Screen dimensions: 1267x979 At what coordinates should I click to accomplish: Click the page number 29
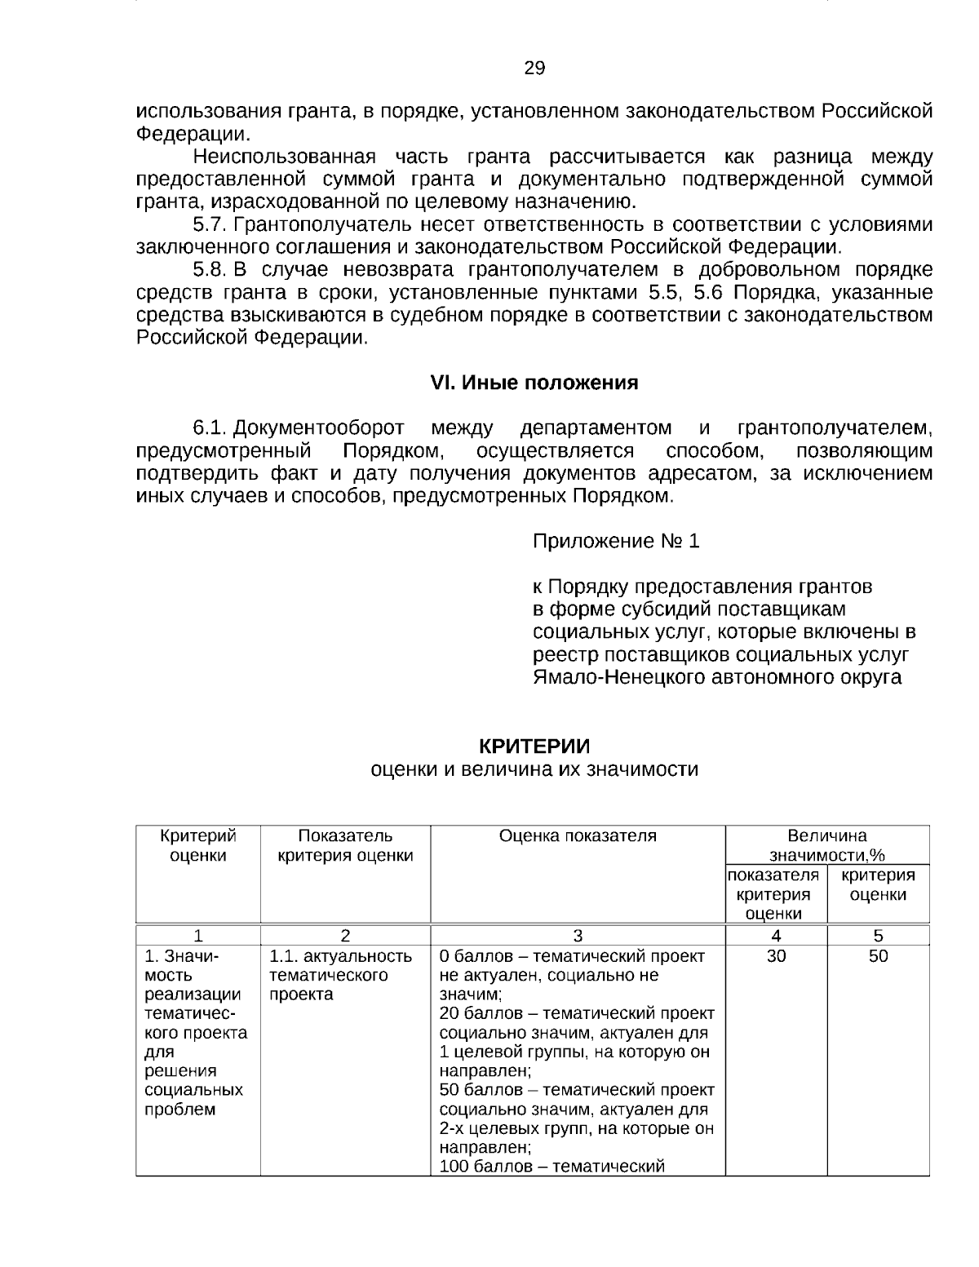[534, 69]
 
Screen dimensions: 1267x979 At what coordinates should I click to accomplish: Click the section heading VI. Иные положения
[534, 383]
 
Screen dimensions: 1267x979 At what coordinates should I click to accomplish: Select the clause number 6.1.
[210, 428]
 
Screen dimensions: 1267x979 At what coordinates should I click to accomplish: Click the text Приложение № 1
[615, 542]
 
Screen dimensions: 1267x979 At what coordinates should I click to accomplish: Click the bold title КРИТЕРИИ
[534, 746]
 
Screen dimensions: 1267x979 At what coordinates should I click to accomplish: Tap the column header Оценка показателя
[578, 836]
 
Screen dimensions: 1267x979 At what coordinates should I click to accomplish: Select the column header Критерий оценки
[198, 846]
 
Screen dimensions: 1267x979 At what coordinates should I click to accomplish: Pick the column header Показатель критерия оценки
[345, 846]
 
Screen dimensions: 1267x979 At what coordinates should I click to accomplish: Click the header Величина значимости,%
[827, 846]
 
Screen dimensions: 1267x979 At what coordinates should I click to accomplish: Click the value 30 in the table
[776, 957]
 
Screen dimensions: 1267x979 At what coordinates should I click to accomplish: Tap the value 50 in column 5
[878, 957]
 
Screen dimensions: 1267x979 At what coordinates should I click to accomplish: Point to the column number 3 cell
[578, 936]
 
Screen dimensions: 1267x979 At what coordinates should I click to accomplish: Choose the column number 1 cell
[198, 936]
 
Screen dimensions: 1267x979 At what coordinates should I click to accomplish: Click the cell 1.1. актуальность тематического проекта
[341, 976]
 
